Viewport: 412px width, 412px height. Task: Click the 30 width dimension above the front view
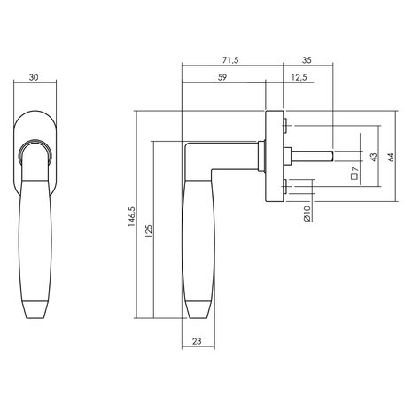(x=34, y=78)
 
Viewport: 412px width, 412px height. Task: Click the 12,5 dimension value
(x=299, y=78)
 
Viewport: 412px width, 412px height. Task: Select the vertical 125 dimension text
(x=147, y=229)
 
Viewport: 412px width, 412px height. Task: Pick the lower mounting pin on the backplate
(x=285, y=185)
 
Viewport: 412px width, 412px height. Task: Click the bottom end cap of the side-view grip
(x=198, y=308)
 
